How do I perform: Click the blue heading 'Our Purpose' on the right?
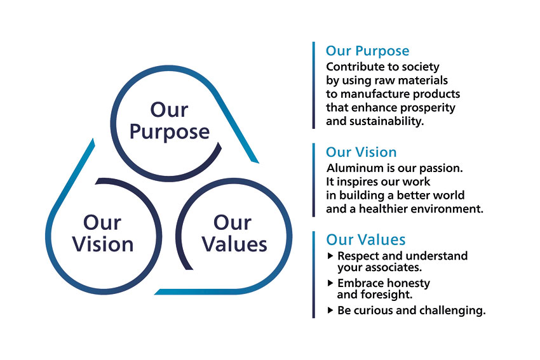click(367, 51)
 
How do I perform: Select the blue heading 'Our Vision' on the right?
click(361, 152)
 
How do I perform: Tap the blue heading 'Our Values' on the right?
click(366, 239)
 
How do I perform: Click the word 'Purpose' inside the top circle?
click(170, 133)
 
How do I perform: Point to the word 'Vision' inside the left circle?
click(103, 244)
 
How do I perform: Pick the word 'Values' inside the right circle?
click(234, 244)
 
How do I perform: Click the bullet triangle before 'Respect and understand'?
click(330, 256)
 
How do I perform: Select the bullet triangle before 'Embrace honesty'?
click(330, 283)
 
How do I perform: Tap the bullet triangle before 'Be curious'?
click(330, 310)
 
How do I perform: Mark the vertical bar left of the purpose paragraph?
click(313, 85)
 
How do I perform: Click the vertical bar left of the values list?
click(313, 275)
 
